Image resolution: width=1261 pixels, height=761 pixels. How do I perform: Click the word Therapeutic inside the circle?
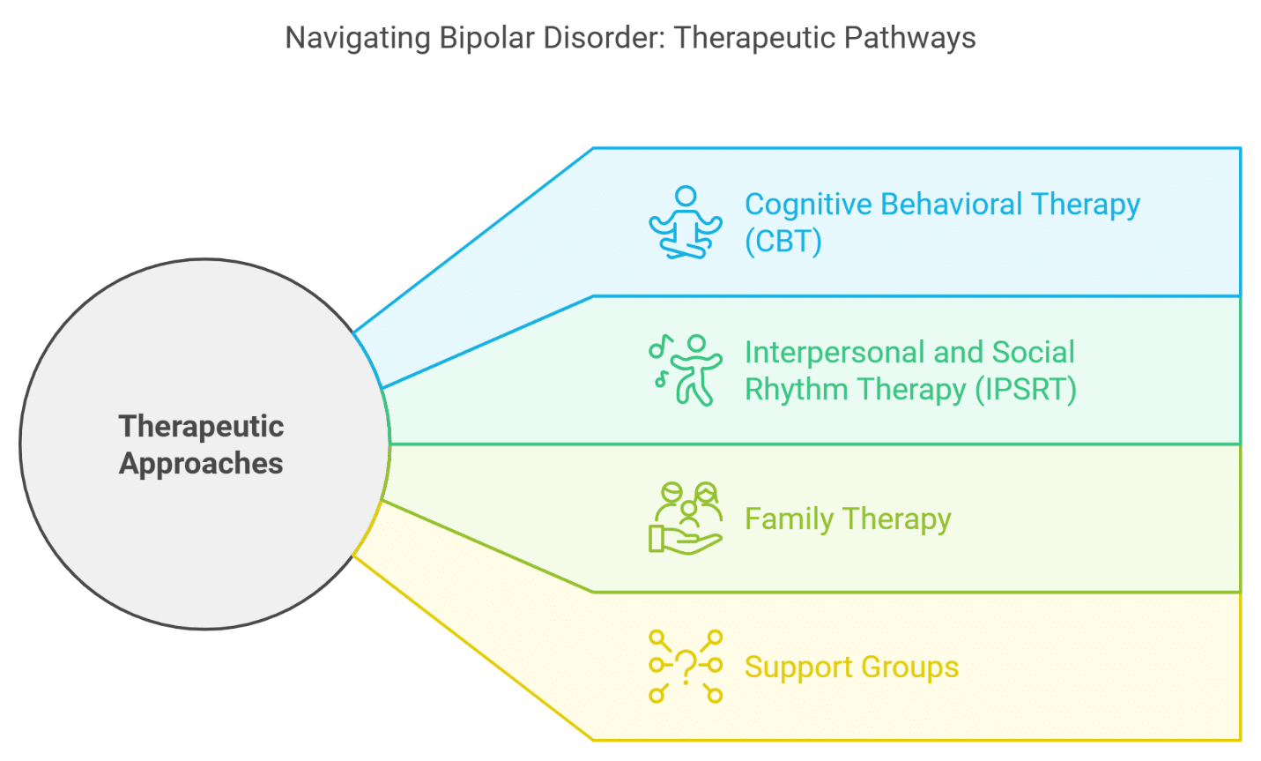[x=201, y=427]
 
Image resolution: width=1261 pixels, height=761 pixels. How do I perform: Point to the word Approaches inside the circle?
[x=201, y=464]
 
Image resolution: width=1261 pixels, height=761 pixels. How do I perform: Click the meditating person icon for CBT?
[x=685, y=222]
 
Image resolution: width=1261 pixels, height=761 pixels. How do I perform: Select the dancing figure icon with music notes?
[x=685, y=370]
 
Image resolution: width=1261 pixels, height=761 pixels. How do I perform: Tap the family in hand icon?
[x=685, y=519]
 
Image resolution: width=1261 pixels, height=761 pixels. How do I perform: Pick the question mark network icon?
[x=685, y=667]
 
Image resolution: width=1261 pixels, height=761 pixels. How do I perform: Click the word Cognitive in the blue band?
[x=808, y=205]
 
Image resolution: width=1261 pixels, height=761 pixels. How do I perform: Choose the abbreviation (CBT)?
[x=783, y=242]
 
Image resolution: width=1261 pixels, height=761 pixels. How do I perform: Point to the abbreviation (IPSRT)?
[x=1026, y=390]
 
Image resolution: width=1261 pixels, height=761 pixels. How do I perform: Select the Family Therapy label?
[x=848, y=519]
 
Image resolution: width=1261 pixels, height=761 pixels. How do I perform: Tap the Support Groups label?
[x=851, y=668]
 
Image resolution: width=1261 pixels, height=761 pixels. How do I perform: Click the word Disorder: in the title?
[x=603, y=39]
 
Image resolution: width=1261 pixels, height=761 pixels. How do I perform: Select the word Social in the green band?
[x=1033, y=353]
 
